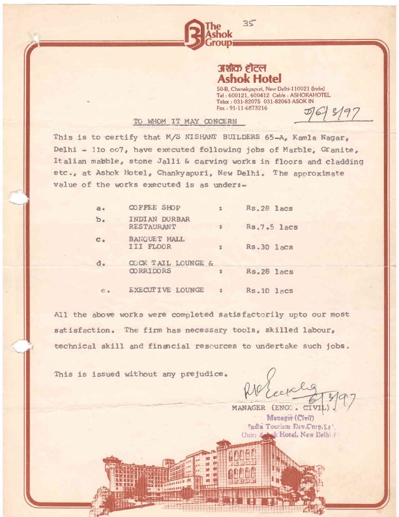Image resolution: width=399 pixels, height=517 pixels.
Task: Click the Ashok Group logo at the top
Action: coord(207,33)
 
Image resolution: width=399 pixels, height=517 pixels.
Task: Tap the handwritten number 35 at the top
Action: coord(248,23)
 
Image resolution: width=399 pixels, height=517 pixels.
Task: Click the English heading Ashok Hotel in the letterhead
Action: coord(248,79)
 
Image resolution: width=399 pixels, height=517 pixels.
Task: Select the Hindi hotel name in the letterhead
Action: coord(242,68)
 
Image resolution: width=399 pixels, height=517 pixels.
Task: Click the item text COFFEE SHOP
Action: coord(155,208)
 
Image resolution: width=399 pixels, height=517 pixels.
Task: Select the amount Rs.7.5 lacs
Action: coord(271,227)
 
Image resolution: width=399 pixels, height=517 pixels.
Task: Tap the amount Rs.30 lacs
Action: coord(269,247)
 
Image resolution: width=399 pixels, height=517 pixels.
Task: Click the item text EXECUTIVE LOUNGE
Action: coord(166,289)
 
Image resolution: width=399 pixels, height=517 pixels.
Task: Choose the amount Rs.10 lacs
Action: coord(269,290)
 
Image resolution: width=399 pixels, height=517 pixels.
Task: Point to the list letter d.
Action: coord(100,264)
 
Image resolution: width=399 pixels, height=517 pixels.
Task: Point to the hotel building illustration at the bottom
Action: coord(215,477)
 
